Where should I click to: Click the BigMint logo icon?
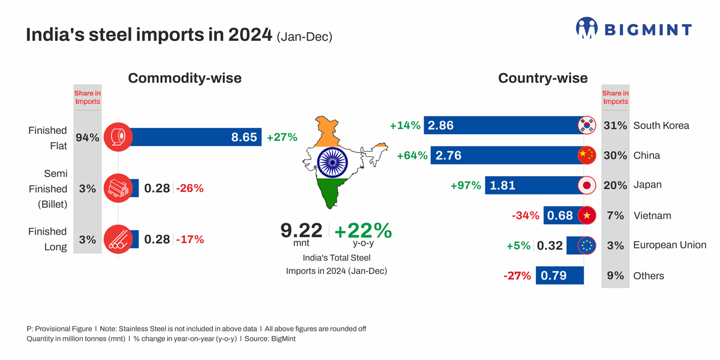(587, 28)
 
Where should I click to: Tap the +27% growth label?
(282, 137)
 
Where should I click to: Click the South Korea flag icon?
(586, 125)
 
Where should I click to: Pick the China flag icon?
(586, 155)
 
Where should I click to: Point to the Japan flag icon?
(586, 185)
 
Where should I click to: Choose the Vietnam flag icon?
(586, 215)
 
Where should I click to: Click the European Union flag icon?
(586, 245)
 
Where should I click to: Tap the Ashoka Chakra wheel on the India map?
(332, 162)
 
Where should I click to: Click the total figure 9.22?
(302, 230)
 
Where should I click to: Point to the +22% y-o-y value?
(362, 230)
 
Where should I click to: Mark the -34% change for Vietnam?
(525, 215)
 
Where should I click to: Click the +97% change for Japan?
(466, 185)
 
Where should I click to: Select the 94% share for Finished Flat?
(87, 137)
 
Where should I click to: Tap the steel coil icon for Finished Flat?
(118, 137)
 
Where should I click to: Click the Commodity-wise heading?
(185, 78)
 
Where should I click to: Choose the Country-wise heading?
(543, 78)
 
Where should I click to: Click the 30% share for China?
(615, 155)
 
